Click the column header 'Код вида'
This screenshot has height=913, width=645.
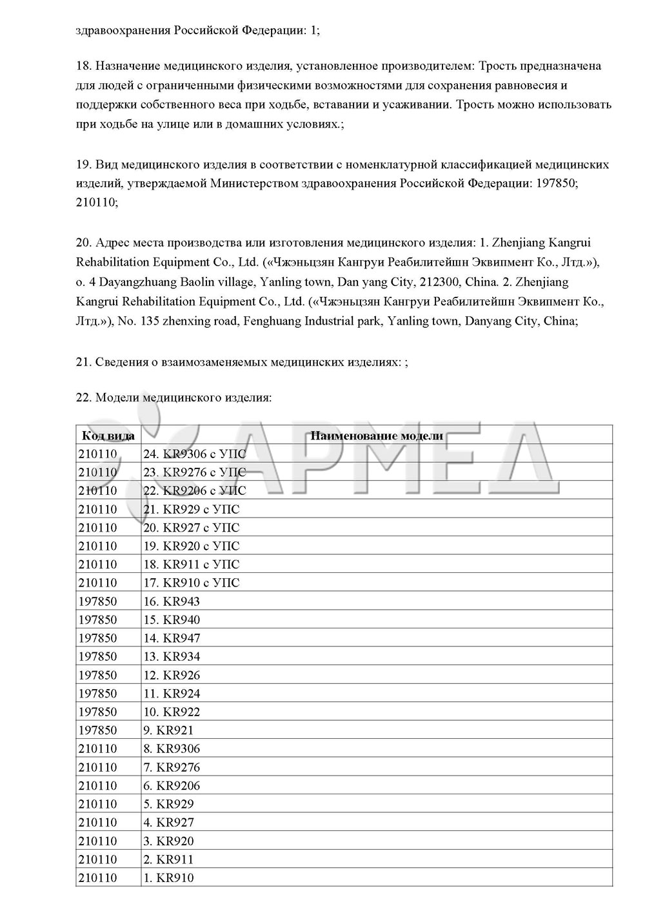(107, 435)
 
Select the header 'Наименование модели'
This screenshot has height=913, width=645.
(377, 435)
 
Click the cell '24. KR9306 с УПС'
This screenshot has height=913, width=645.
(195, 454)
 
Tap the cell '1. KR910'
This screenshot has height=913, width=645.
(168, 878)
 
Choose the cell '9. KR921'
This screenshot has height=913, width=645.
(168, 730)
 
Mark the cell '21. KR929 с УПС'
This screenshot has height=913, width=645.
(192, 509)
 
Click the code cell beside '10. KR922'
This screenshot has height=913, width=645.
(98, 712)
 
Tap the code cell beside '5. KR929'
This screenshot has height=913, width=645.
(98, 804)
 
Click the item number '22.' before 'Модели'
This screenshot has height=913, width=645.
(84, 397)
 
